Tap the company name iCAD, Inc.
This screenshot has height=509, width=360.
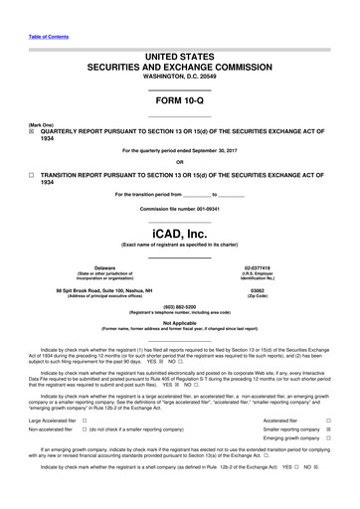179,234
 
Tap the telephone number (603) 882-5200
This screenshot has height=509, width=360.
179,306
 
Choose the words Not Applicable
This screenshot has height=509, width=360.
179,322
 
